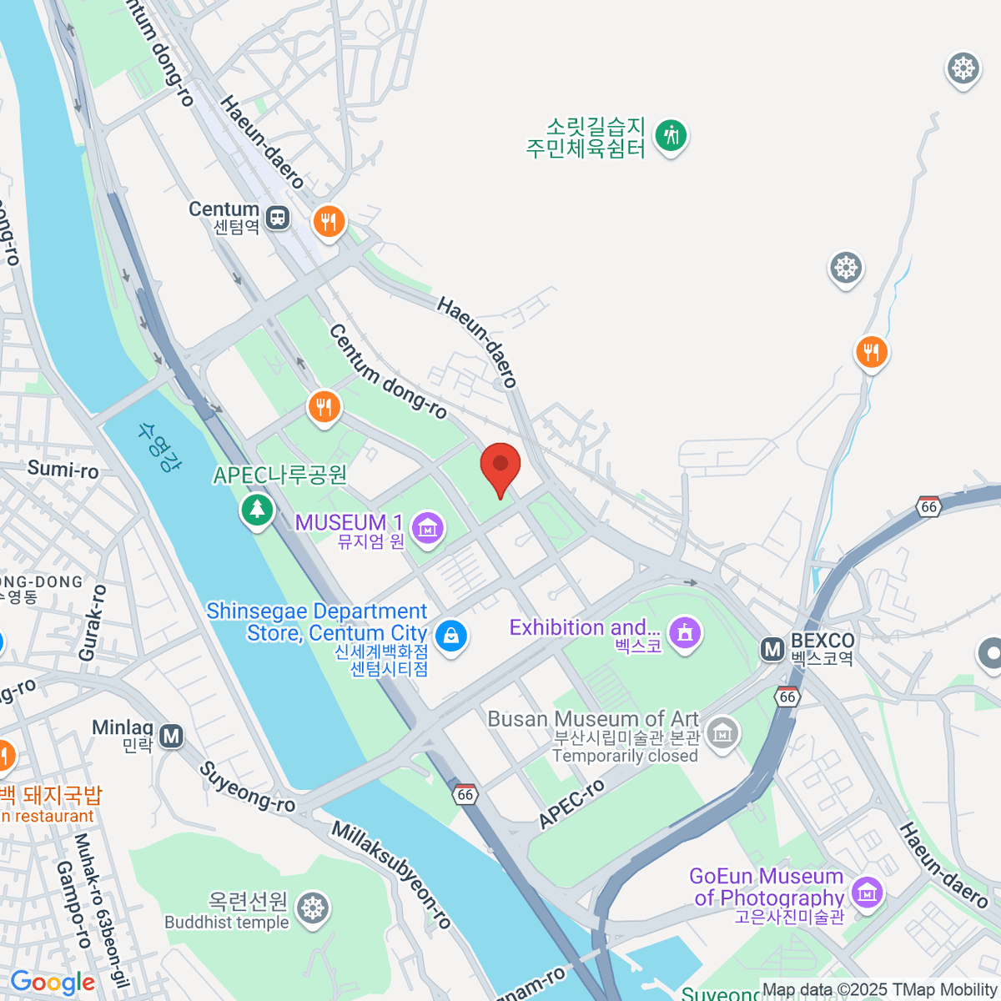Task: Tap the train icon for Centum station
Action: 278,219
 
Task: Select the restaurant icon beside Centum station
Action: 329,222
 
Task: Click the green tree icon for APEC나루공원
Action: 257,509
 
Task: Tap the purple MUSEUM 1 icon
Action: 428,528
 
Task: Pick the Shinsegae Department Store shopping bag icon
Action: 451,636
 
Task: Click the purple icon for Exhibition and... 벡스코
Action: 685,633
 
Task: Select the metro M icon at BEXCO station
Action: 772,649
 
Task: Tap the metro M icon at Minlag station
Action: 172,737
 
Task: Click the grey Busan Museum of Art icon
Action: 722,733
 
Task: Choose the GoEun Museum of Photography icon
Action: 868,893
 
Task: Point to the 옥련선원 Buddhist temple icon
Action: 313,908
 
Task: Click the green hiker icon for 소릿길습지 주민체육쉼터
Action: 671,135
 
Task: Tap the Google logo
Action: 52,983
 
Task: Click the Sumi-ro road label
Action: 63,470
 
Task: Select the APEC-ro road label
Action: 571,805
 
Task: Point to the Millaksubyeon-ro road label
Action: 392,875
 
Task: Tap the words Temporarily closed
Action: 625,756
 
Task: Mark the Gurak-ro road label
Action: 93,623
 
